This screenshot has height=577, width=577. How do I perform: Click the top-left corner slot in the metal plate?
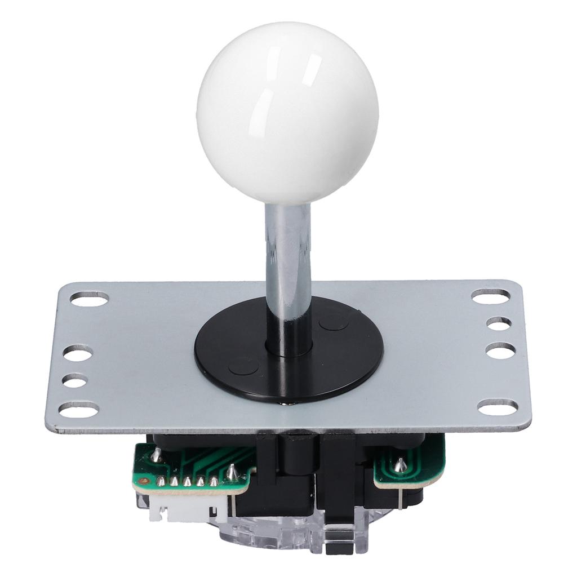click(89, 299)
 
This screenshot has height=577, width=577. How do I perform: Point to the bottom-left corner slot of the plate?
click(79, 410)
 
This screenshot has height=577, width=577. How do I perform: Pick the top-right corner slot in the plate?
click(490, 296)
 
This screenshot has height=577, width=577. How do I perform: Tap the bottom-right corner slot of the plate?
click(498, 406)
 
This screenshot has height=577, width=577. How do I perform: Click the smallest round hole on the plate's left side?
click(74, 380)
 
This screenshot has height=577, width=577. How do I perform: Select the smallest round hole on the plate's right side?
click(499, 323)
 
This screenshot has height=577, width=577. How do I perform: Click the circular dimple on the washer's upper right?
click(333, 322)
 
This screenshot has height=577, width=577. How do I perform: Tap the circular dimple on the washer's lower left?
click(243, 366)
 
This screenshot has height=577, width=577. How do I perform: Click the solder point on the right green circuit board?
click(400, 465)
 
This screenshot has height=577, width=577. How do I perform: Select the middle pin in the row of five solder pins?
click(187, 482)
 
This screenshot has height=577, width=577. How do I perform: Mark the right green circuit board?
click(409, 468)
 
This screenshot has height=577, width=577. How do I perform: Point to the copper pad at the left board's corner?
click(144, 482)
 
